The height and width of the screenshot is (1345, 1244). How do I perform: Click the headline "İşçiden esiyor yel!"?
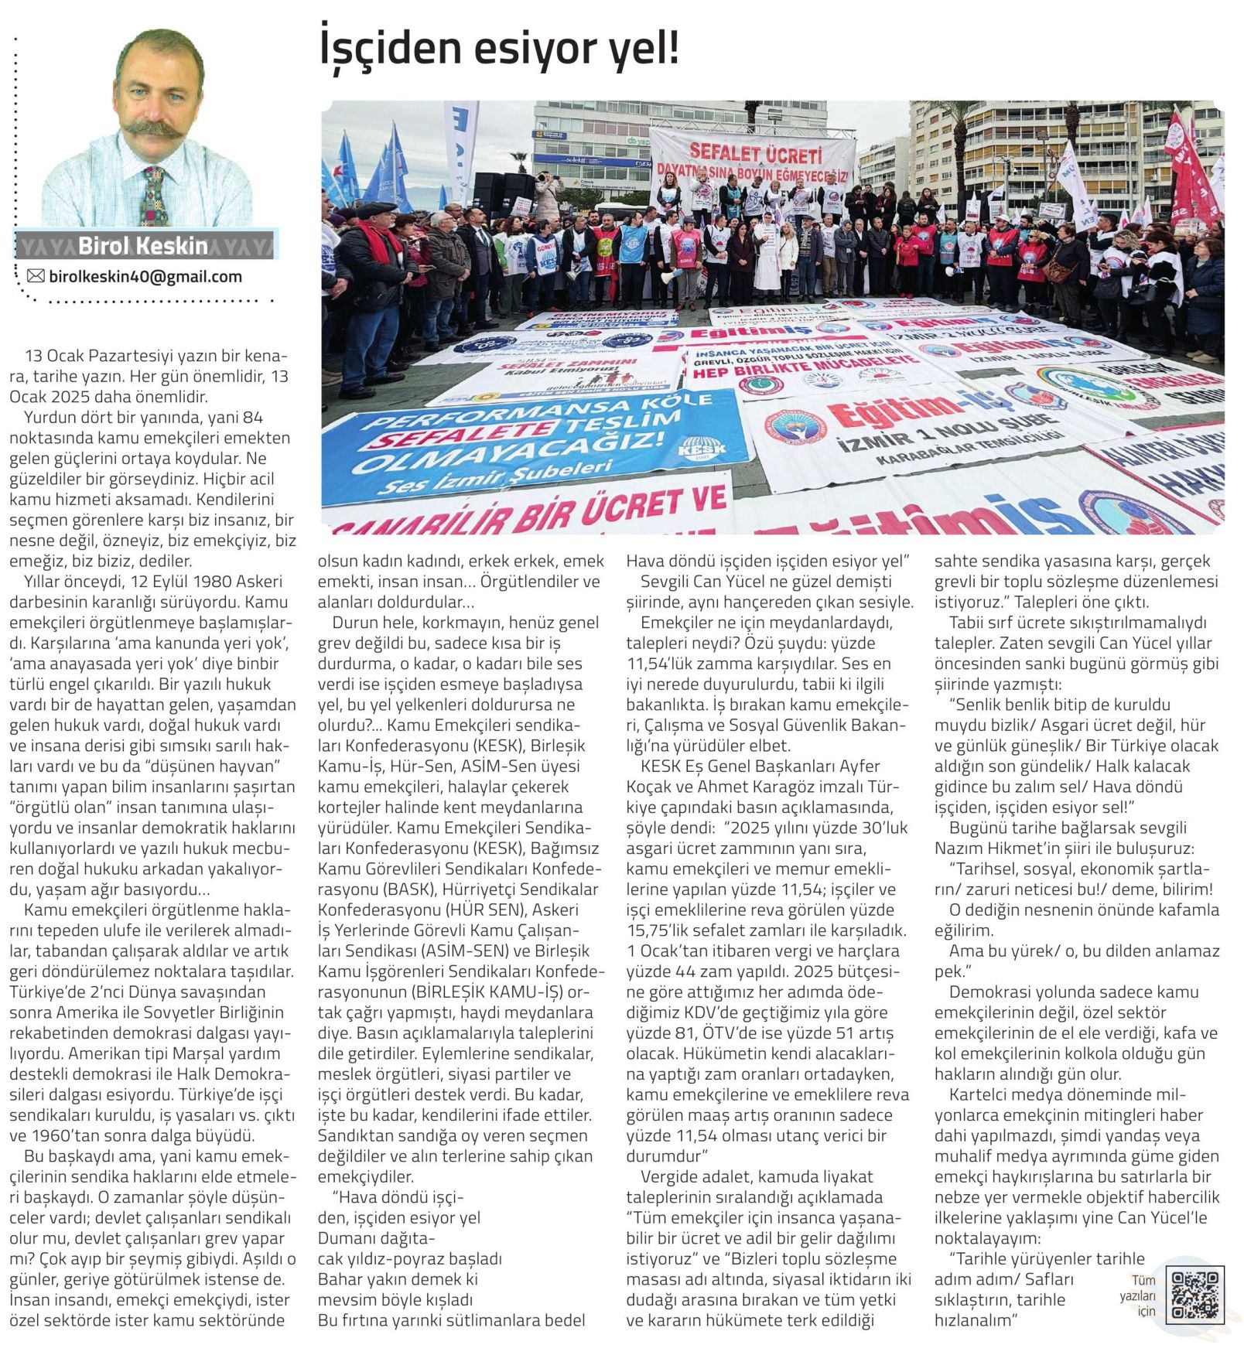pos(499,48)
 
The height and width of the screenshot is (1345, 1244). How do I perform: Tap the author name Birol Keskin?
pos(143,246)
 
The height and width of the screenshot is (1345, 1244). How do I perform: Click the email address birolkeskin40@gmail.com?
pos(145,276)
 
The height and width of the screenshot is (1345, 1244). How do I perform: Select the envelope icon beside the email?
pos(36,276)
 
